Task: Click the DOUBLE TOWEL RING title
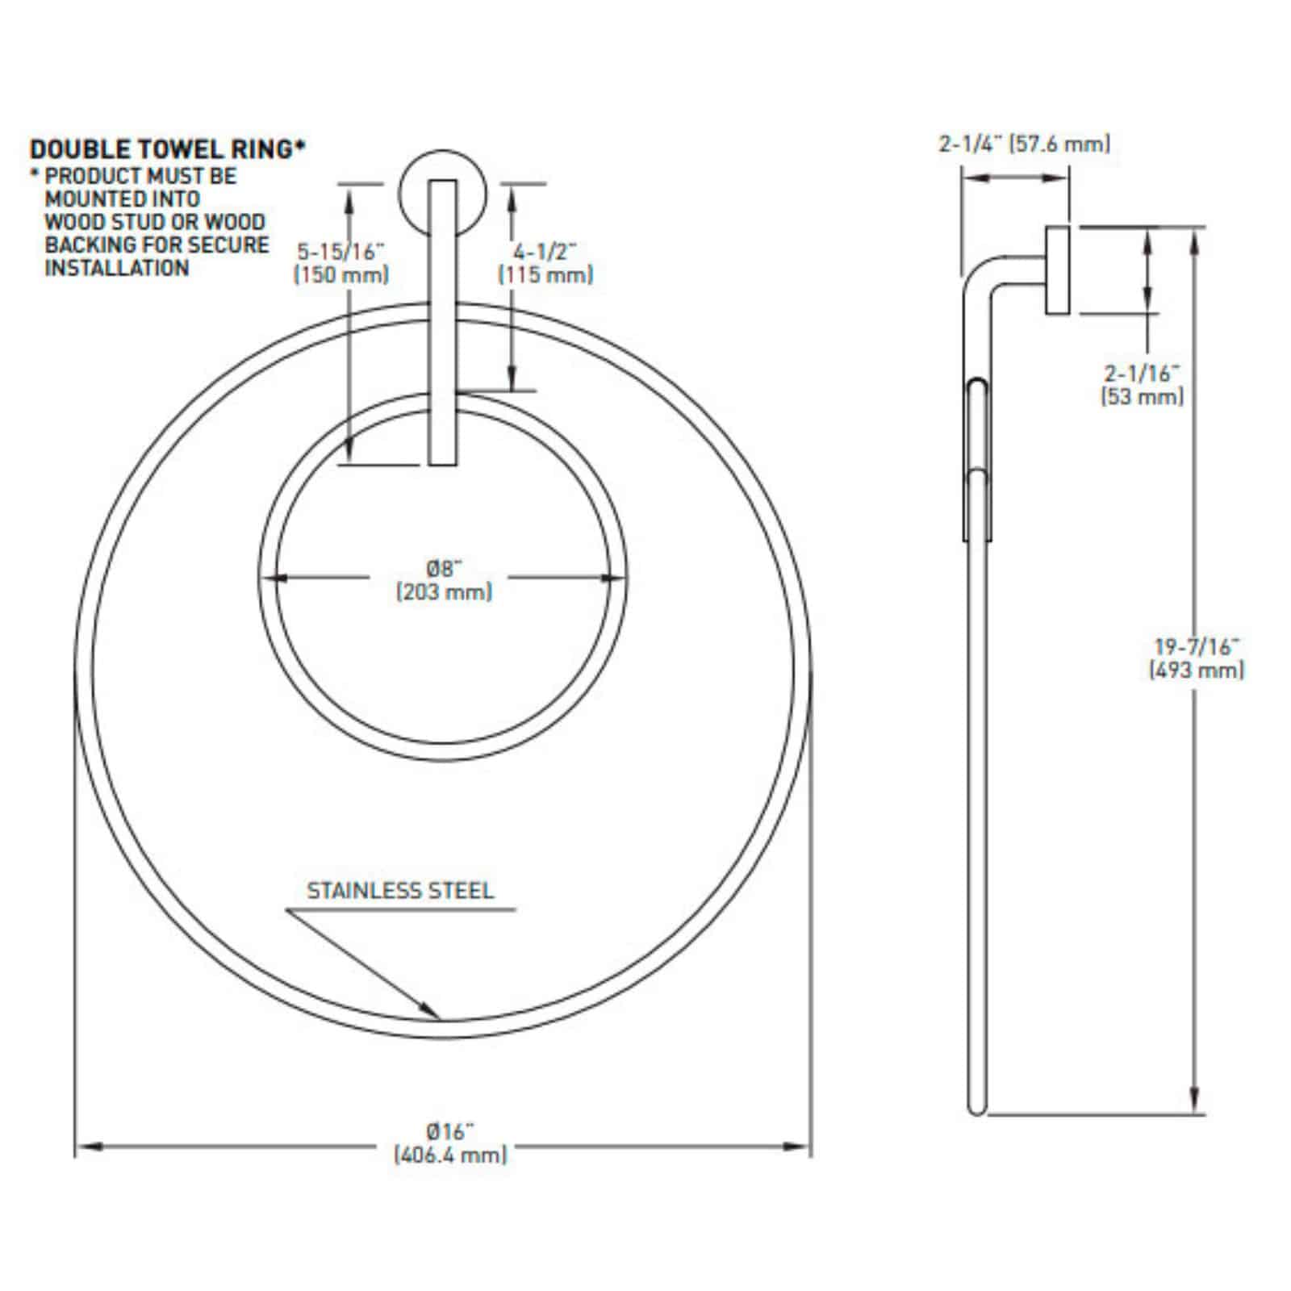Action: [167, 150]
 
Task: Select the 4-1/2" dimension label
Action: [546, 252]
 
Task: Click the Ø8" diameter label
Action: [443, 568]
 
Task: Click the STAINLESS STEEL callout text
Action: [400, 891]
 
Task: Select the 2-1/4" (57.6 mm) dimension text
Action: [1024, 144]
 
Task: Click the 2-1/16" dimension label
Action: [1142, 373]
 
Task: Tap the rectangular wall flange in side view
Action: [1059, 270]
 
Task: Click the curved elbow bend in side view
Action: [979, 278]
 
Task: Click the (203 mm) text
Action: [444, 592]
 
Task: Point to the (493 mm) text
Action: [1197, 670]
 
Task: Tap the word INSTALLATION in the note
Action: [116, 268]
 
